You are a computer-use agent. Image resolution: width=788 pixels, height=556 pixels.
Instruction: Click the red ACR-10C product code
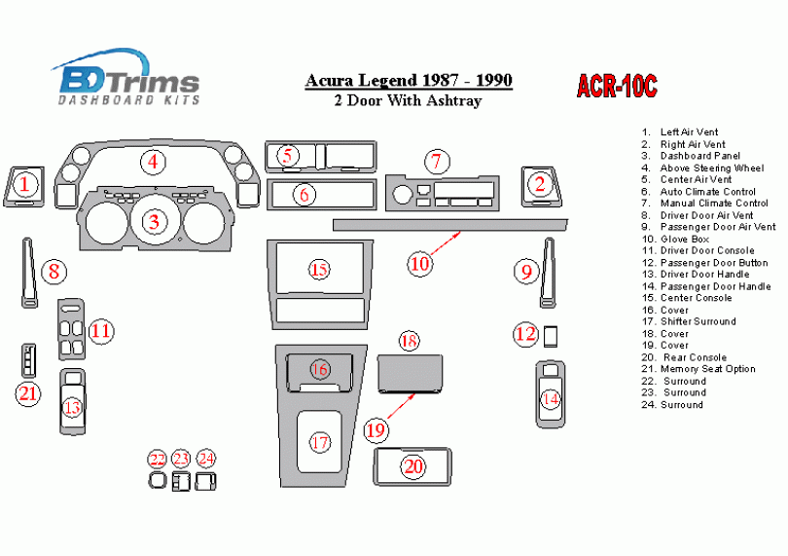617,87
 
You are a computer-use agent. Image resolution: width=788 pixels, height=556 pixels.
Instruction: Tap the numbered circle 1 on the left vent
26,182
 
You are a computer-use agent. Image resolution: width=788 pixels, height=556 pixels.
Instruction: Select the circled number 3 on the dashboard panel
154,221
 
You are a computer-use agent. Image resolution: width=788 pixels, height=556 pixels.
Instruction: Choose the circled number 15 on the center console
319,269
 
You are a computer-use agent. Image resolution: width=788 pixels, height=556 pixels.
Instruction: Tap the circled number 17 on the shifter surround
320,442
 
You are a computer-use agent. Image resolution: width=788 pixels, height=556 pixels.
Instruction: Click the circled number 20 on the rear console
414,466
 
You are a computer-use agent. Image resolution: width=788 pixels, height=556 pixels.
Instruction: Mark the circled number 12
525,334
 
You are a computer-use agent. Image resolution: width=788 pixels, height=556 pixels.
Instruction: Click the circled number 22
158,459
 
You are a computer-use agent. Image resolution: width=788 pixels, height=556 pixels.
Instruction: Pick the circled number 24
205,459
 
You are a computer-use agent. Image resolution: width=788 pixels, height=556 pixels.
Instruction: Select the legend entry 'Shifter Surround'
698,321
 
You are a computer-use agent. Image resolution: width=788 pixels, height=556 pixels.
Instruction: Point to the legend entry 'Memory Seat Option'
707,369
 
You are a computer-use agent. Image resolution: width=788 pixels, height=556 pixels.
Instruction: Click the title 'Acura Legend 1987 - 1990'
410,81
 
